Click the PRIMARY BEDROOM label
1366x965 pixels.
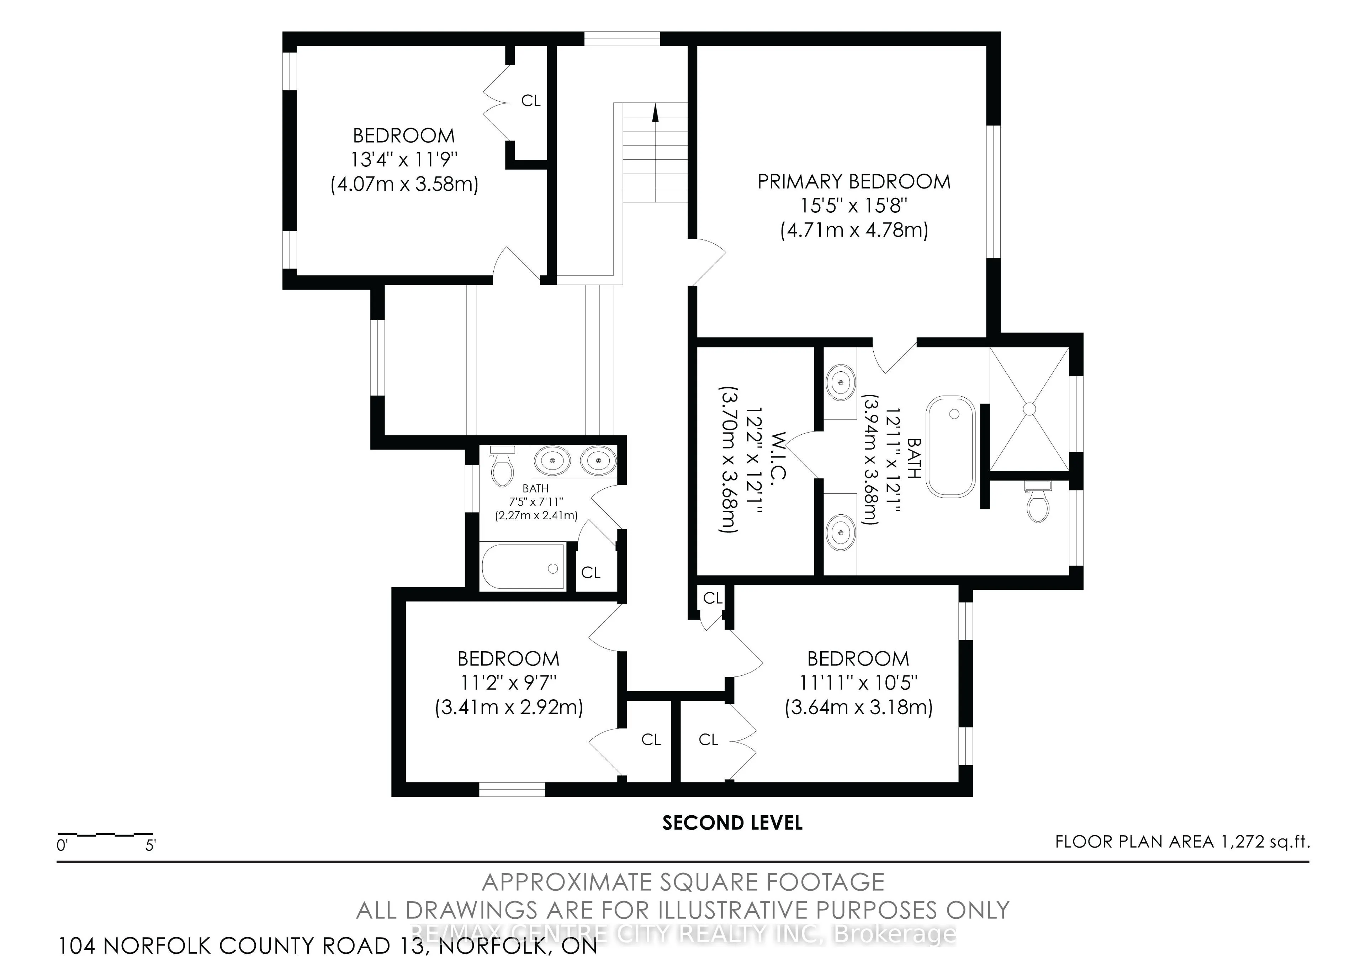(854, 181)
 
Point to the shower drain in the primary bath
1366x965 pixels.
(1029, 408)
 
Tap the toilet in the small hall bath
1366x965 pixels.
(503, 466)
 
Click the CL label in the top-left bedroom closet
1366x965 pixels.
(531, 101)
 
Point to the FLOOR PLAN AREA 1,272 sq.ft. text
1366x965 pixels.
(1183, 842)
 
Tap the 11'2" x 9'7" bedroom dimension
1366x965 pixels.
(508, 683)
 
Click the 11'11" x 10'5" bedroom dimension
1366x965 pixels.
(858, 683)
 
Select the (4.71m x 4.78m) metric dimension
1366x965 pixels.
(854, 230)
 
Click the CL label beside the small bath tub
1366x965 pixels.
(591, 572)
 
